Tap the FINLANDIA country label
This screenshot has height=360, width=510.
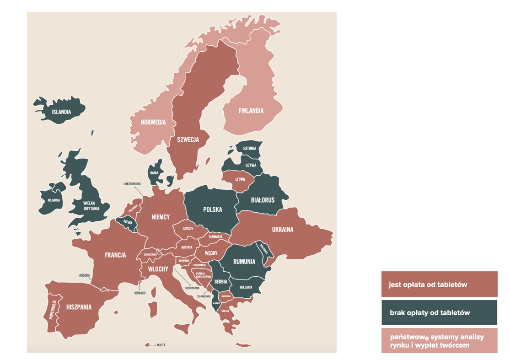pos(251,111)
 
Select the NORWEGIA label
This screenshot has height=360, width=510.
pos(153,123)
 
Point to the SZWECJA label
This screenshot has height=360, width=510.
pos(188,140)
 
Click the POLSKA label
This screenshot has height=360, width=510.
pos(212,210)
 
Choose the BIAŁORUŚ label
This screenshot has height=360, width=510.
pos(263,200)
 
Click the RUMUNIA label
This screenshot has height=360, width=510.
pos(244,262)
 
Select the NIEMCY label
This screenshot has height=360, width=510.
pos(161,217)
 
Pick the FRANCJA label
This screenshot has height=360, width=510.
pos(115,255)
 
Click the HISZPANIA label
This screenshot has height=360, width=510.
pos(79,307)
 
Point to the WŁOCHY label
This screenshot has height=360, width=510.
pos(158,269)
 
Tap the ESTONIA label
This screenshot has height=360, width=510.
pos(250,148)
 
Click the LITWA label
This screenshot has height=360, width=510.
pos(240,179)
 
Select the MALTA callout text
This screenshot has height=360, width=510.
pos(161,345)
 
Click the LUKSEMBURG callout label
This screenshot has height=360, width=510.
pos(132,184)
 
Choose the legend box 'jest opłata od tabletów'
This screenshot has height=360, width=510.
pos(439,285)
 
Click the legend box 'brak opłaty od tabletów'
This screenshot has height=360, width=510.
pos(439,313)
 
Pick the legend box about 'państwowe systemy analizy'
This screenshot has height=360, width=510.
pos(439,341)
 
